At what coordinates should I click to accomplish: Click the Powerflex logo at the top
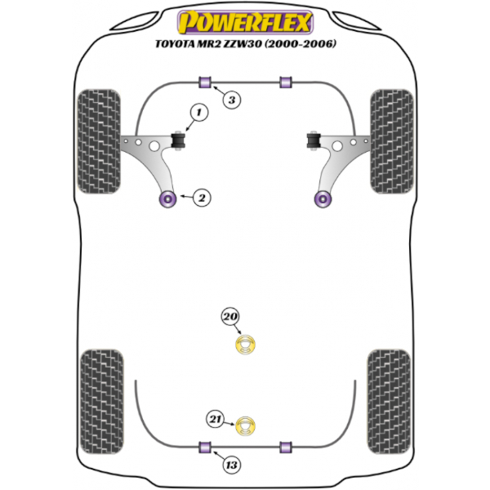coord(245,23)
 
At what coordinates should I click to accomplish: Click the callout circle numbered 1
coord(199,112)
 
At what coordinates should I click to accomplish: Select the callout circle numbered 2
coord(202,198)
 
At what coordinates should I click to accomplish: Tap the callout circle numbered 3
coord(232,100)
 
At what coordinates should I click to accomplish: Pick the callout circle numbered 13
coord(232,465)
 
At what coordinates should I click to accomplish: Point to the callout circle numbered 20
coord(230,317)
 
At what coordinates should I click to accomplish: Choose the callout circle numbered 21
coord(215,419)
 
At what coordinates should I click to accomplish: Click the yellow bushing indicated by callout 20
coord(245,345)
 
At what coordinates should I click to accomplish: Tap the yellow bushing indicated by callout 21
coord(245,426)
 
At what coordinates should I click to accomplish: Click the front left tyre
coord(99,141)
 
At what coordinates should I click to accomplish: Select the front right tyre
coord(392,141)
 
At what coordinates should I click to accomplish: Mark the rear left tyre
coord(102,402)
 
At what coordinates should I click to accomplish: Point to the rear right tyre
coord(389,402)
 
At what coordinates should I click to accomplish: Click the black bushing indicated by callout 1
coord(178,141)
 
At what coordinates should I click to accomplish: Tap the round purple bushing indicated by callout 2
coord(167,198)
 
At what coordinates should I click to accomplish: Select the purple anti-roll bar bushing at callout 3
coord(205,82)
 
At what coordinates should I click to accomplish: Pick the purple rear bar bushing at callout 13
coord(205,447)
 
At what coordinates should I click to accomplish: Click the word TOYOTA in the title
coord(175,44)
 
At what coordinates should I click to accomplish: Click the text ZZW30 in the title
coord(243,44)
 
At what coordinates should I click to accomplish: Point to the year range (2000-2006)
coord(301,44)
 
